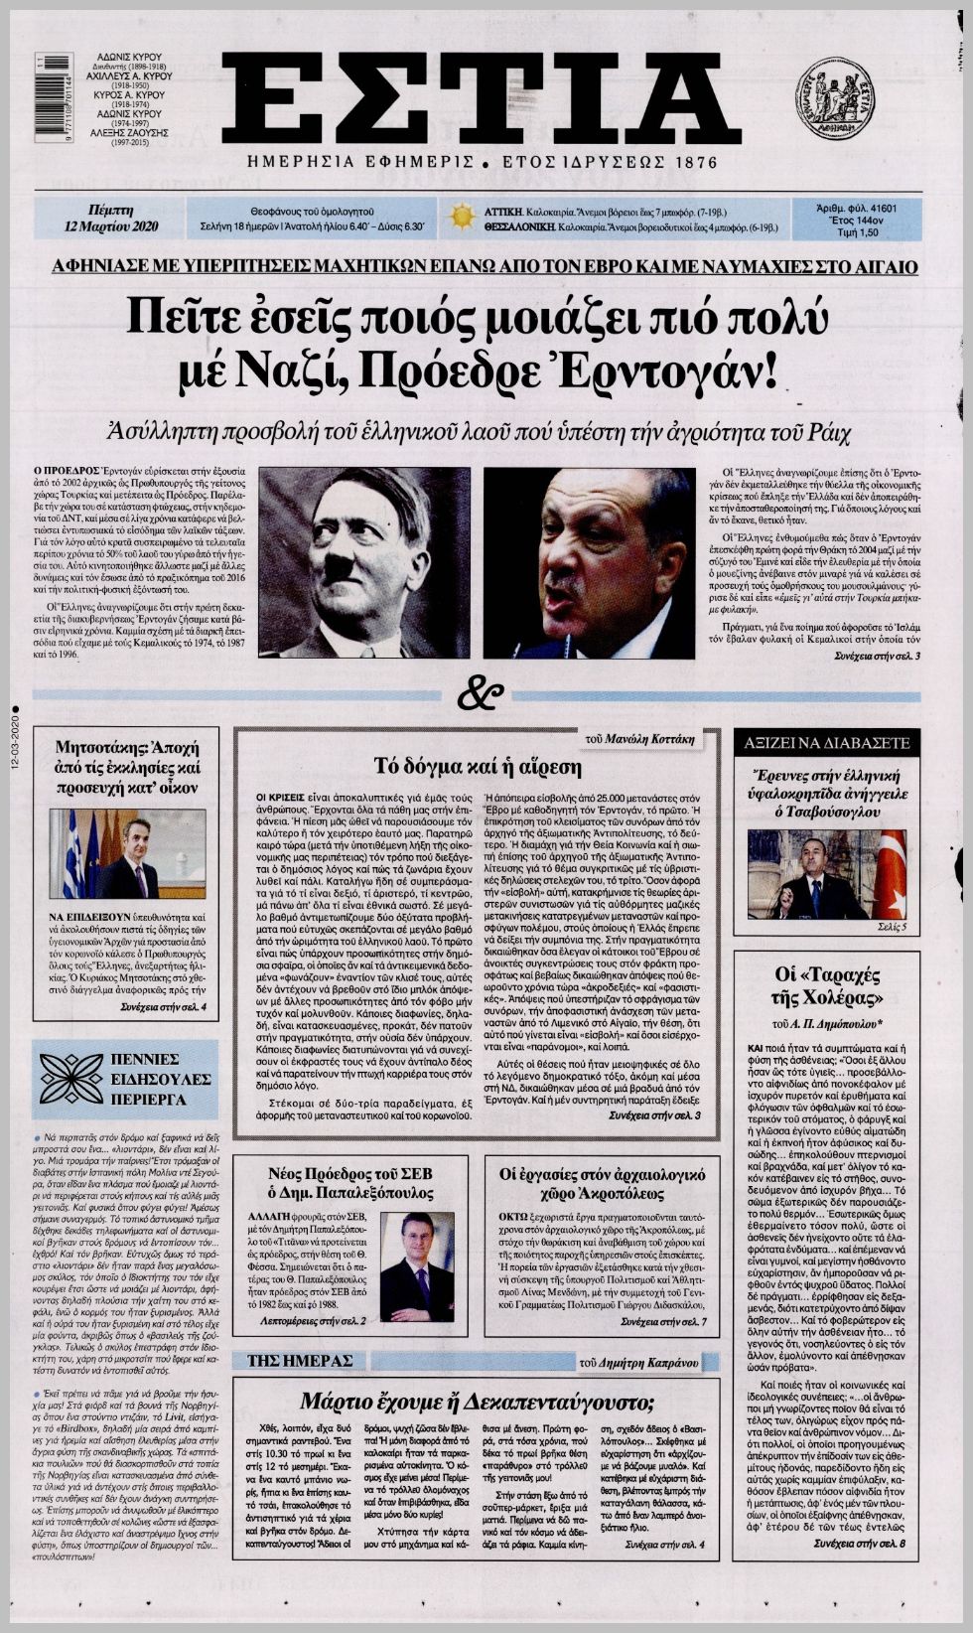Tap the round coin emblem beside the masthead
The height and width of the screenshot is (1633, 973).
(834, 97)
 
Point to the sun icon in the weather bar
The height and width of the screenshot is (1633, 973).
(460, 217)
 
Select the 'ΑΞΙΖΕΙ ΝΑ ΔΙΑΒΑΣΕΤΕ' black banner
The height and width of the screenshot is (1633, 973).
(828, 742)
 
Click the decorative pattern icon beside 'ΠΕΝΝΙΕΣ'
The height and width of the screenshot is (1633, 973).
(71, 1079)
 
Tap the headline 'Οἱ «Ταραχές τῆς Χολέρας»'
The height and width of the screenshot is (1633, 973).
(828, 985)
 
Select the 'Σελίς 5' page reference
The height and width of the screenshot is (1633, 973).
(891, 927)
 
